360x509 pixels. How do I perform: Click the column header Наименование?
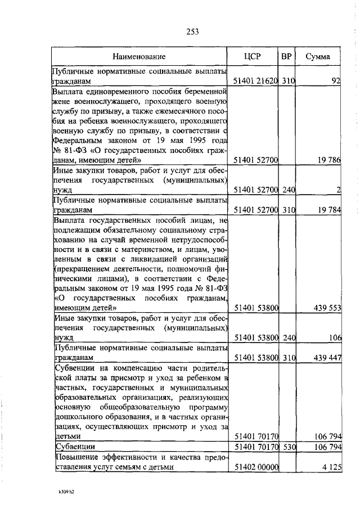pos(138,57)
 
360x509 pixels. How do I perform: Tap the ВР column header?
pos(287,57)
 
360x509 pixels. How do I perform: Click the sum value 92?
pos(336,82)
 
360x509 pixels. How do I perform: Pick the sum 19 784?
pos(328,210)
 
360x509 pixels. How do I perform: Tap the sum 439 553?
pos(326,308)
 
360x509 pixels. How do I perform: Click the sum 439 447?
pos(326,357)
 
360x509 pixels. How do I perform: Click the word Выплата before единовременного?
pos(69,92)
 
